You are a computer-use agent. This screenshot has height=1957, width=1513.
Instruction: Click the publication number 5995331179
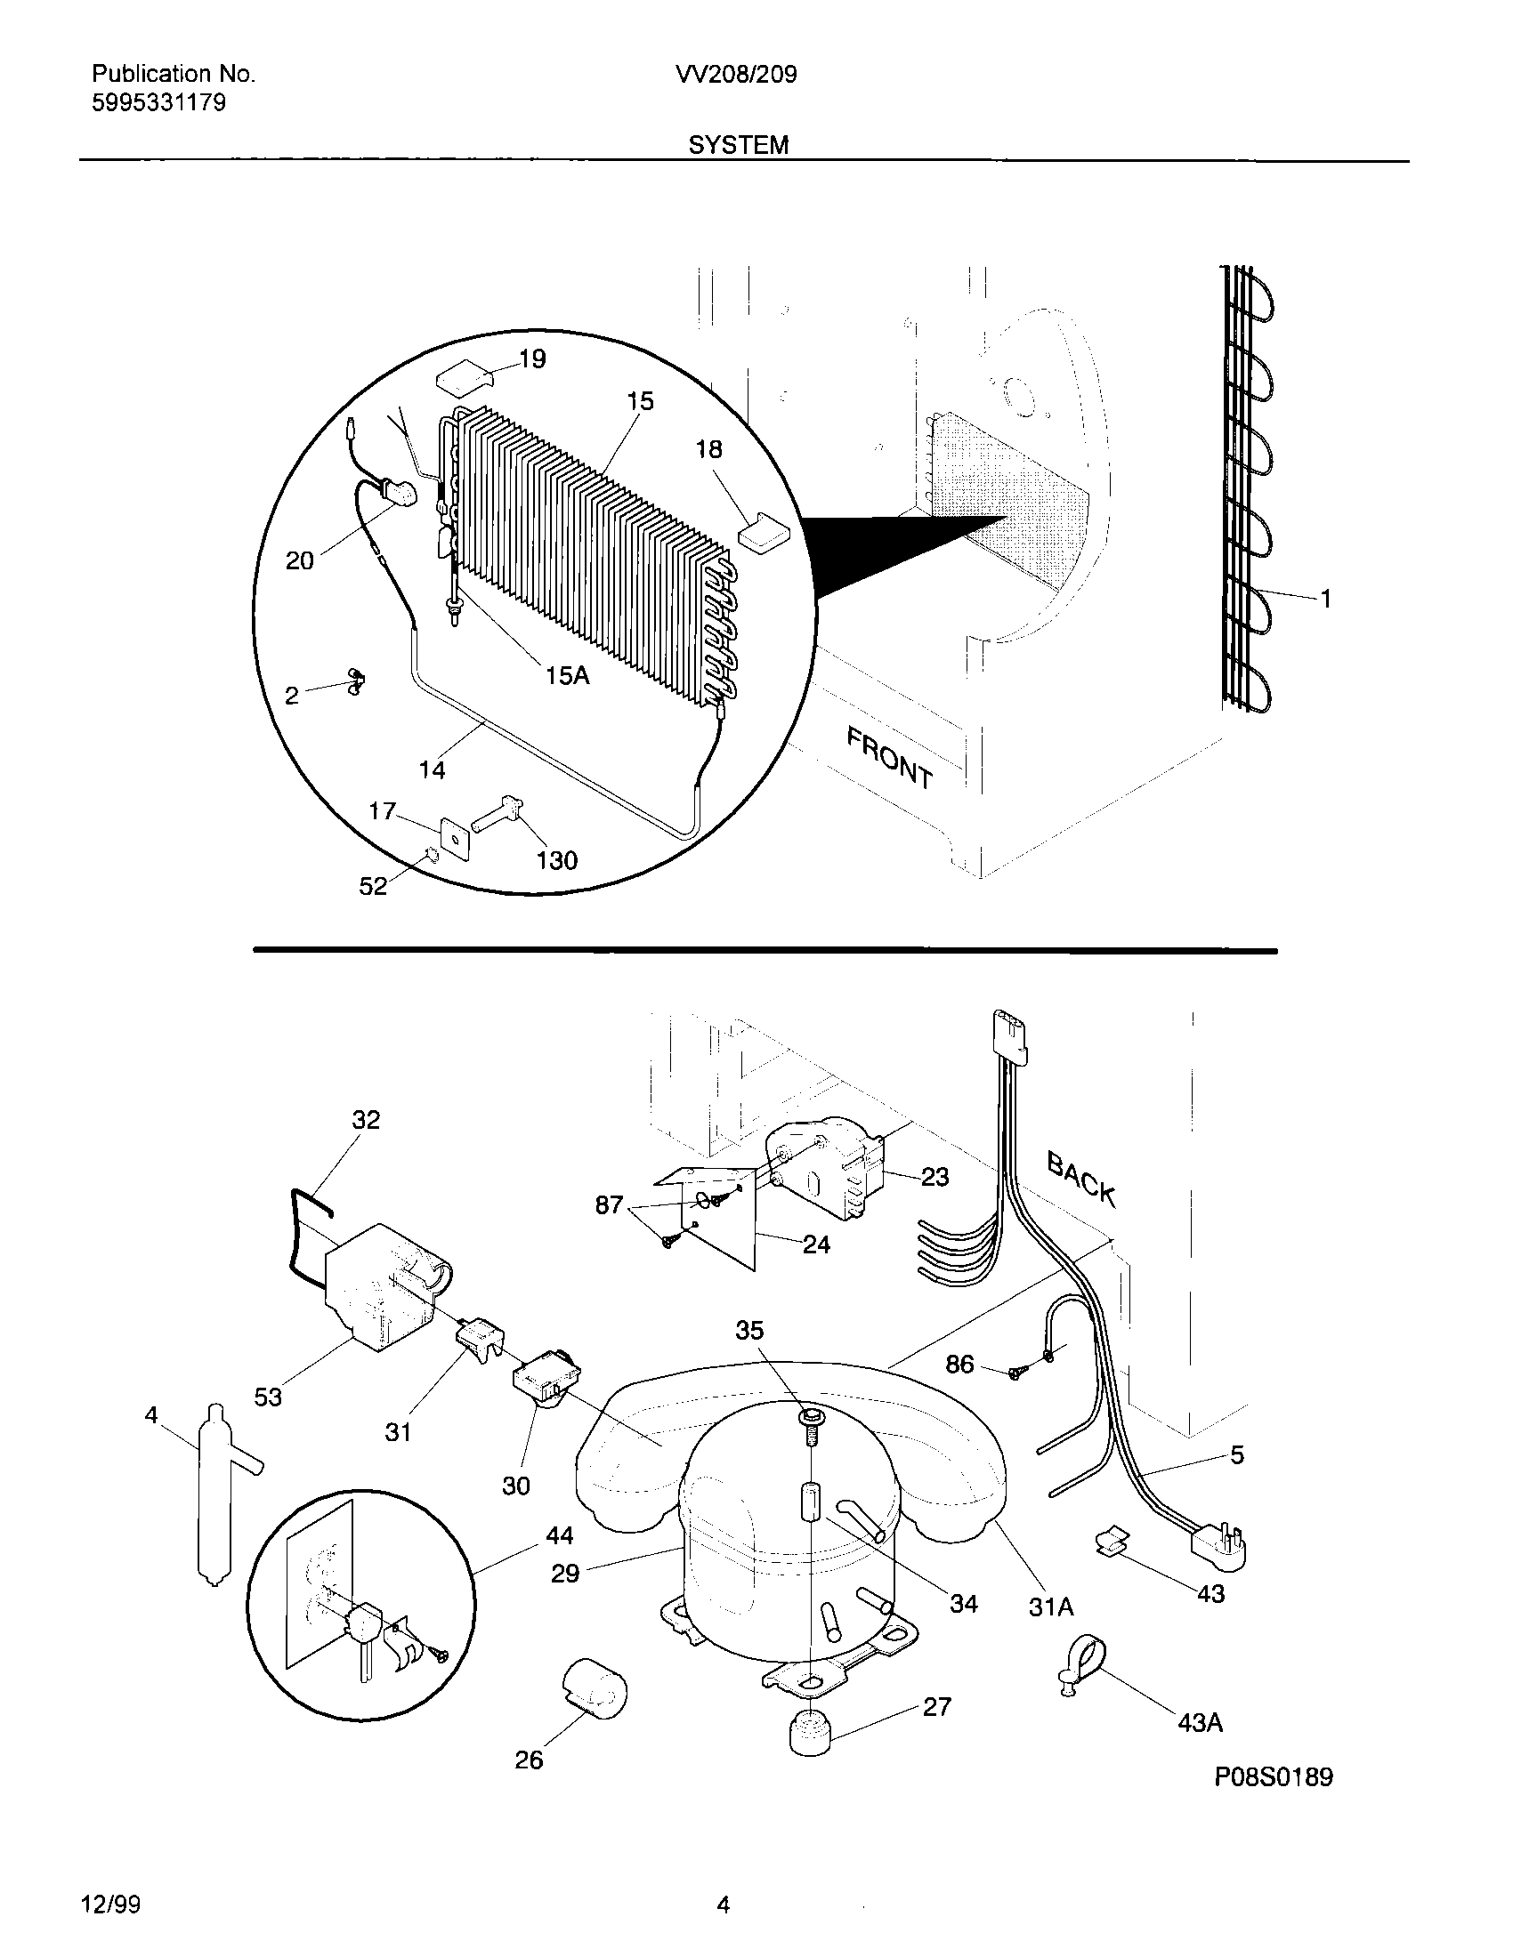[x=158, y=103]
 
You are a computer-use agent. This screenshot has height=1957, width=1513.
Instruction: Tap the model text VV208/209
[x=737, y=75]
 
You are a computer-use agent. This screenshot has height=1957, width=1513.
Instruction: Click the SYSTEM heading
[x=739, y=145]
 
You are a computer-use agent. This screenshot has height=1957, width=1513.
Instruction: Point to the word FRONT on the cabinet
[x=890, y=758]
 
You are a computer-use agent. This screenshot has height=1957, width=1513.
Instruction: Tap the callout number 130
[x=556, y=860]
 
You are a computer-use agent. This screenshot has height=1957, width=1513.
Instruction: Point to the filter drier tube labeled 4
[x=214, y=1494]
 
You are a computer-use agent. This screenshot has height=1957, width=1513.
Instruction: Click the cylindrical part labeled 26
[x=595, y=1688]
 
